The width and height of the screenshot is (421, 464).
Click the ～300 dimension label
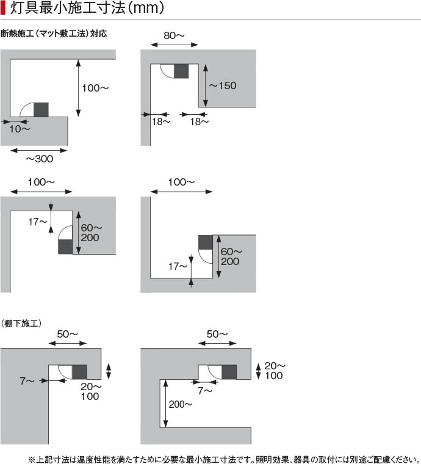(x=39, y=159)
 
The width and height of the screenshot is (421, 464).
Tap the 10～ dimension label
(x=20, y=129)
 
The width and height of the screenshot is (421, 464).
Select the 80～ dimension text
(x=174, y=35)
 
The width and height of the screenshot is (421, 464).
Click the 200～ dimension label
(x=181, y=404)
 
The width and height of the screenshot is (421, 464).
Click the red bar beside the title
(x=4, y=9)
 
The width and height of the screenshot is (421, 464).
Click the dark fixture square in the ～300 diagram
(x=41, y=110)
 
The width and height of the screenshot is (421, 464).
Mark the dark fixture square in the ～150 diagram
(x=182, y=70)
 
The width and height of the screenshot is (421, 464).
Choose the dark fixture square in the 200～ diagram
(x=229, y=372)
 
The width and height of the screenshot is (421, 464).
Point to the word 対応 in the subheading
(x=99, y=34)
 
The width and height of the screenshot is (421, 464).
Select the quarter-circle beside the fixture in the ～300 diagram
(x=28, y=110)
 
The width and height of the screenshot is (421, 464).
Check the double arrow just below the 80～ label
(x=174, y=44)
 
